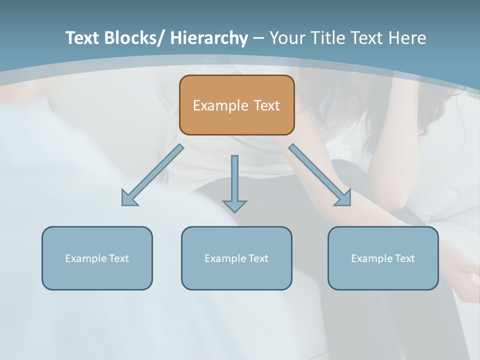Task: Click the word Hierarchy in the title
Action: pyautogui.click(x=209, y=38)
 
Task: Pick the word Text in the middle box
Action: pyautogui.click(x=257, y=258)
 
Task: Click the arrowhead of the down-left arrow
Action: pyautogui.click(x=129, y=199)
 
